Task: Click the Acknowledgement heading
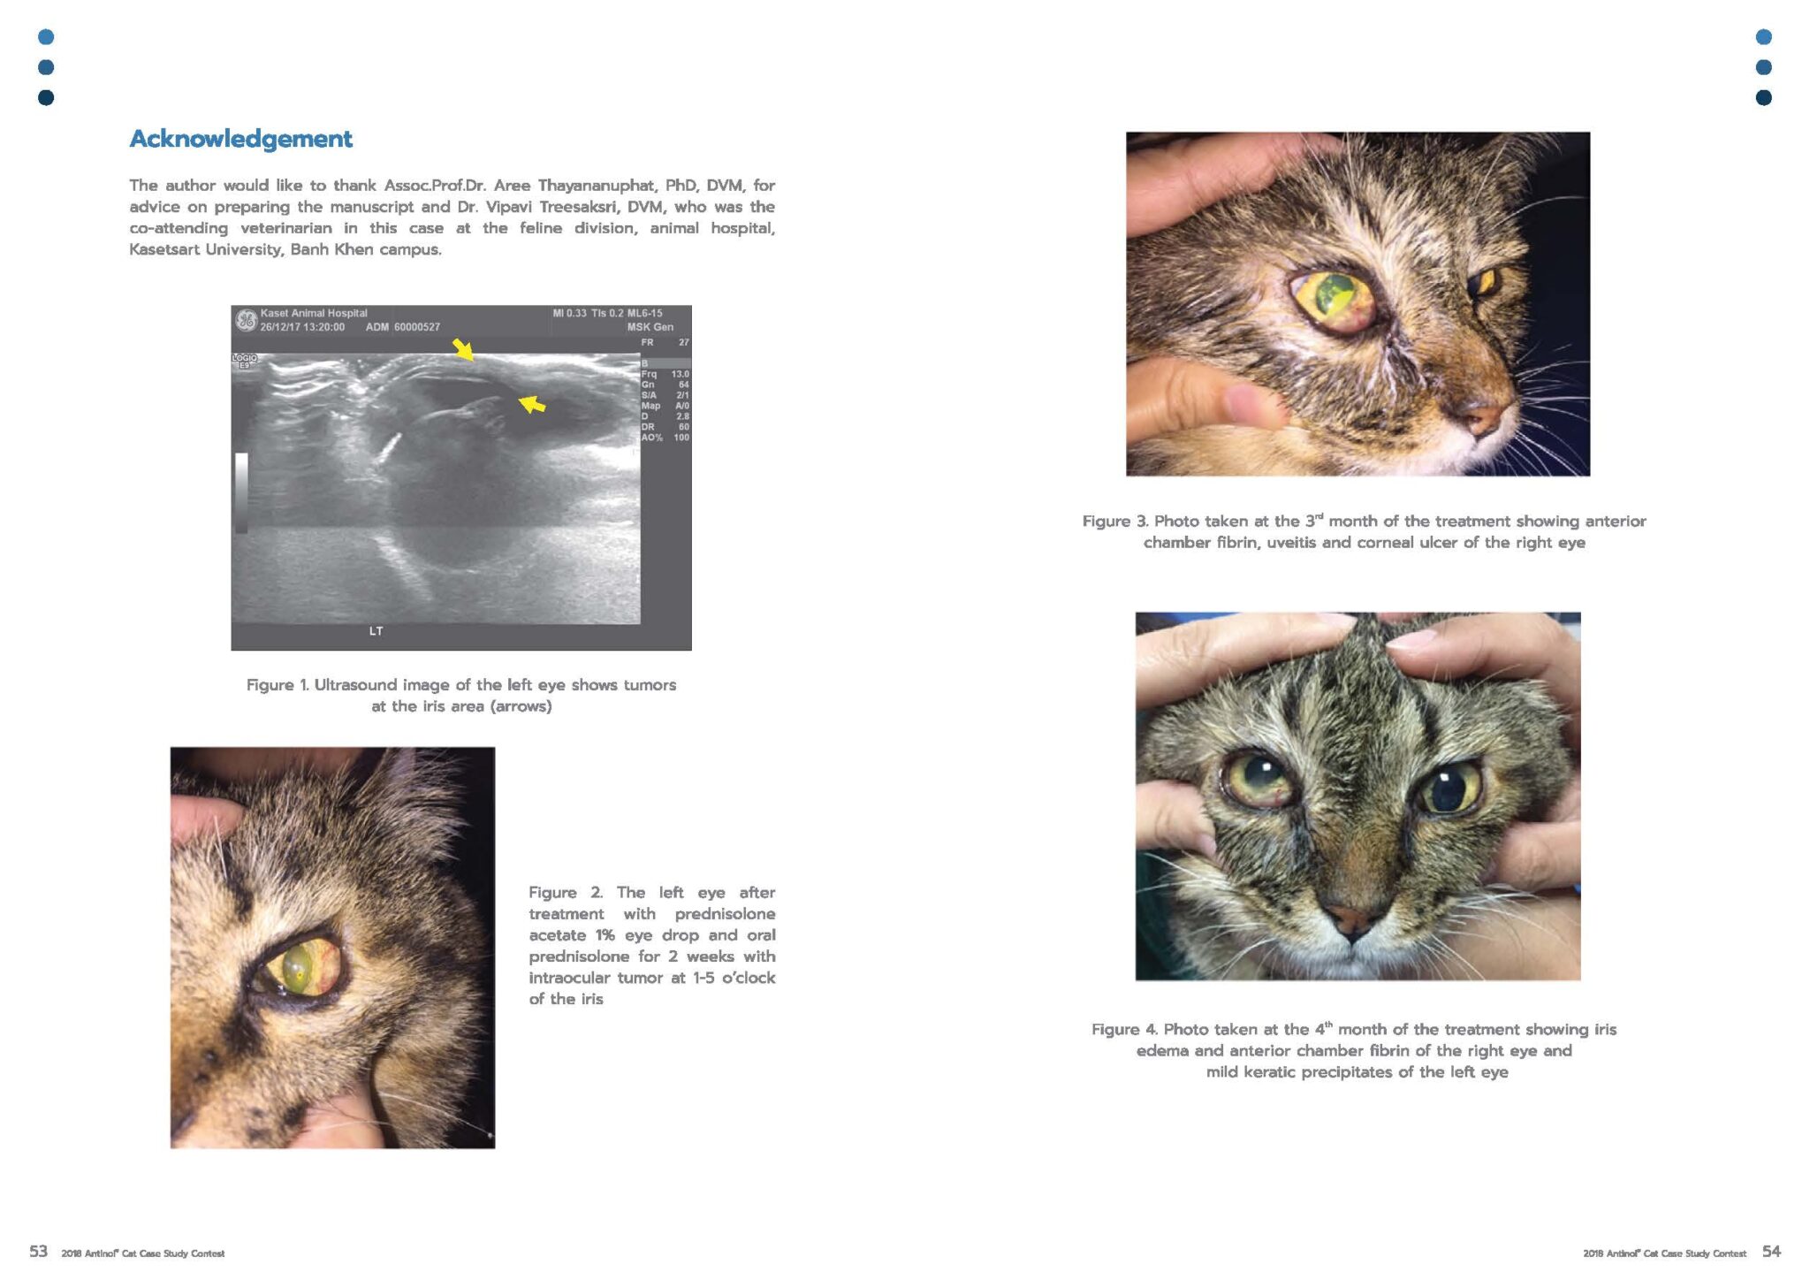tap(240, 139)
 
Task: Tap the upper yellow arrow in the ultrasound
tap(463, 349)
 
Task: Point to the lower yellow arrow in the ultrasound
tap(531, 404)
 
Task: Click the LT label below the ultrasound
tap(376, 631)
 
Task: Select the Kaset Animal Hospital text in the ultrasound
tap(314, 313)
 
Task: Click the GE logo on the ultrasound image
tap(246, 320)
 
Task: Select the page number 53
tap(38, 1251)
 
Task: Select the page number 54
tap(1771, 1251)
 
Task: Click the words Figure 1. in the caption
tap(278, 685)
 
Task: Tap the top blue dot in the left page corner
tap(46, 37)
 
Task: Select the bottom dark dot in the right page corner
tap(1763, 97)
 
